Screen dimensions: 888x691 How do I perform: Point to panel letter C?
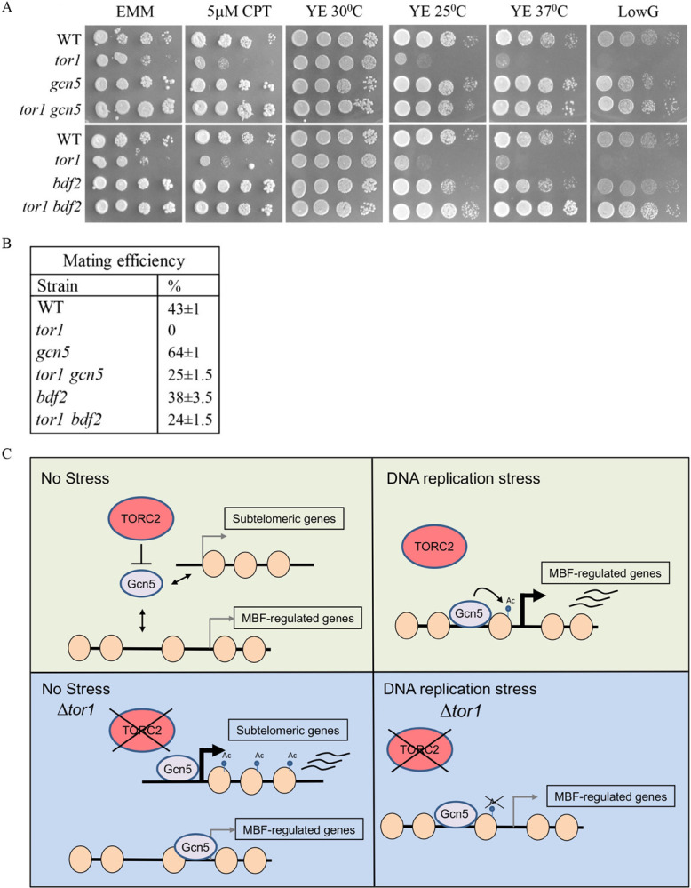tap(8, 453)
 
